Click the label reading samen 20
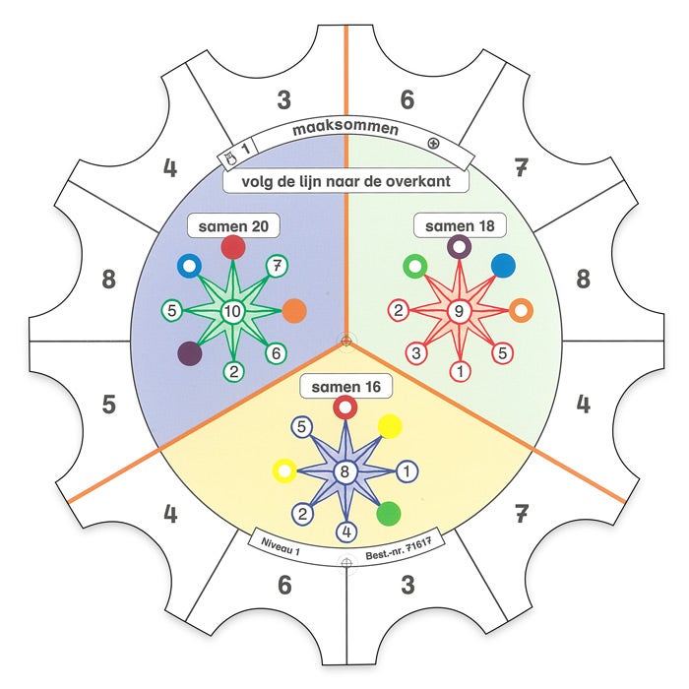pos(232,226)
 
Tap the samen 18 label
pos(459,226)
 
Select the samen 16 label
pos(344,387)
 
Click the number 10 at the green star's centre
pos(233,313)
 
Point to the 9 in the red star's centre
pos(459,312)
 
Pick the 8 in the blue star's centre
pos(344,471)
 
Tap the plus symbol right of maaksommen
pos(433,143)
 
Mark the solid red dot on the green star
pos(233,247)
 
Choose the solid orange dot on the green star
pos(294,312)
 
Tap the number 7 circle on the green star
pos(278,266)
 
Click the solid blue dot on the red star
pos(502,266)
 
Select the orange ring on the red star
pos(522,311)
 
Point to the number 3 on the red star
pos(416,352)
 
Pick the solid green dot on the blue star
pos(390,513)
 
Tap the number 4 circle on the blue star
pos(344,532)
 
